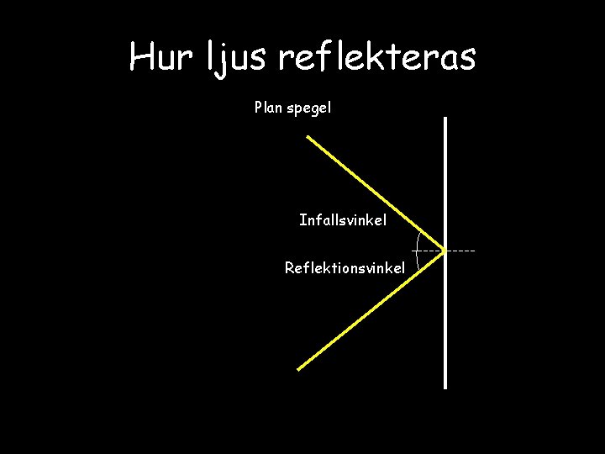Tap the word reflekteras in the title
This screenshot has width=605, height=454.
[x=376, y=57]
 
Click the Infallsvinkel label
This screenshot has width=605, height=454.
[x=343, y=220]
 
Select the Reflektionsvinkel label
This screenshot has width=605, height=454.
[x=345, y=268]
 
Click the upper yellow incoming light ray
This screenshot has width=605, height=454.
[x=370, y=190]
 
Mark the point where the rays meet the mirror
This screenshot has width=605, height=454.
[x=445, y=251]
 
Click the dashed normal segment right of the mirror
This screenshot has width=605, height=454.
[x=460, y=251]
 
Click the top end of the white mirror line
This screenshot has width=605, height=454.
[x=445, y=119]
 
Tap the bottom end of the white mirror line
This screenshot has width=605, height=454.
[x=445, y=387]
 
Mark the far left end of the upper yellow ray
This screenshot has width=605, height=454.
[x=308, y=138]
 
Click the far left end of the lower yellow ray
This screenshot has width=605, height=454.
[x=299, y=368]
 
